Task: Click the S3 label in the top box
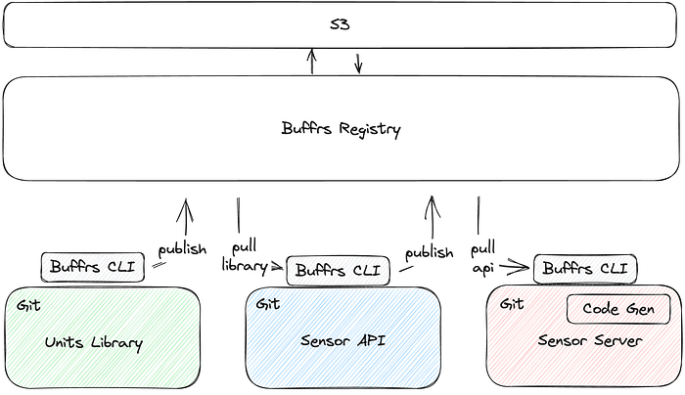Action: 342,24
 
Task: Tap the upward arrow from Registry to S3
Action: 312,61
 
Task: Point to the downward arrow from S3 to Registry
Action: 358,62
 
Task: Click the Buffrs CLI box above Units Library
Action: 93,266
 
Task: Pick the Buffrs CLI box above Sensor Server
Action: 585,268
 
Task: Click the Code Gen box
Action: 618,308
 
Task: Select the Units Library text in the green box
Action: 94,343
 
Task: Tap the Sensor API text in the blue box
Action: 341,340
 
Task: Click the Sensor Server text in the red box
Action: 589,340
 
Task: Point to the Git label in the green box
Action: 28,305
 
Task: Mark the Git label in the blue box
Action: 267,304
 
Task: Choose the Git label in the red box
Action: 512,304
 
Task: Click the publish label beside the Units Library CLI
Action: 183,248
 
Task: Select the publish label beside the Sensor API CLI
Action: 429,252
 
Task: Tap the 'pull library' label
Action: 244,256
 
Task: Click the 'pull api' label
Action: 482,256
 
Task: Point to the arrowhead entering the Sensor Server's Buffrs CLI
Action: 525,265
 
